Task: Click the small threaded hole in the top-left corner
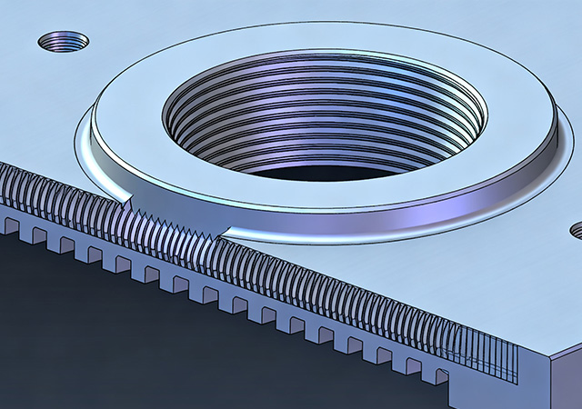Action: point(63,41)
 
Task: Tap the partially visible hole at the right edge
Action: point(577,229)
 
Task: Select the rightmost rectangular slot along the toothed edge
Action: point(439,375)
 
